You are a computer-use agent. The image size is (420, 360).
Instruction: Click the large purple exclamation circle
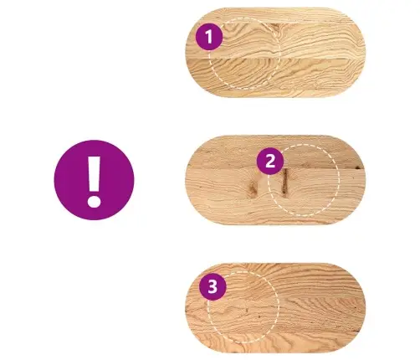click(x=94, y=180)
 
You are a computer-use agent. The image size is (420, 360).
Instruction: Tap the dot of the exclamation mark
click(x=94, y=201)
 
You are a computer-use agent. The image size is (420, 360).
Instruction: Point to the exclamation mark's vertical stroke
click(x=94, y=173)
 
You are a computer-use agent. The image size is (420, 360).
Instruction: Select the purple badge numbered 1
click(x=209, y=37)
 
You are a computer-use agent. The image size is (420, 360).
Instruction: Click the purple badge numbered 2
click(x=270, y=161)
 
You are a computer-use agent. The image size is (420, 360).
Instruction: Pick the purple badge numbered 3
click(x=213, y=286)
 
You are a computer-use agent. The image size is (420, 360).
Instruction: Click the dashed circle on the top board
click(x=279, y=53)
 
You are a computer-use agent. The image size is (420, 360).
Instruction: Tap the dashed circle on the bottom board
click(x=279, y=307)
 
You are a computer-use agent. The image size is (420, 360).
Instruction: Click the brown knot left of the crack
click(x=254, y=188)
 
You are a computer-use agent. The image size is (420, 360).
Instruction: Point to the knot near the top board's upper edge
click(x=275, y=28)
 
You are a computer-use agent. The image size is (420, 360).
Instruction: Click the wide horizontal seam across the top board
click(x=275, y=59)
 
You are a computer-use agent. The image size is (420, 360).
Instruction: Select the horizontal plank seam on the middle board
click(x=275, y=168)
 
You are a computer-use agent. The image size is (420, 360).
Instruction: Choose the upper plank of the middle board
click(x=275, y=152)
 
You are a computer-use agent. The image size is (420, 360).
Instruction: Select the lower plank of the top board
click(x=275, y=78)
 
